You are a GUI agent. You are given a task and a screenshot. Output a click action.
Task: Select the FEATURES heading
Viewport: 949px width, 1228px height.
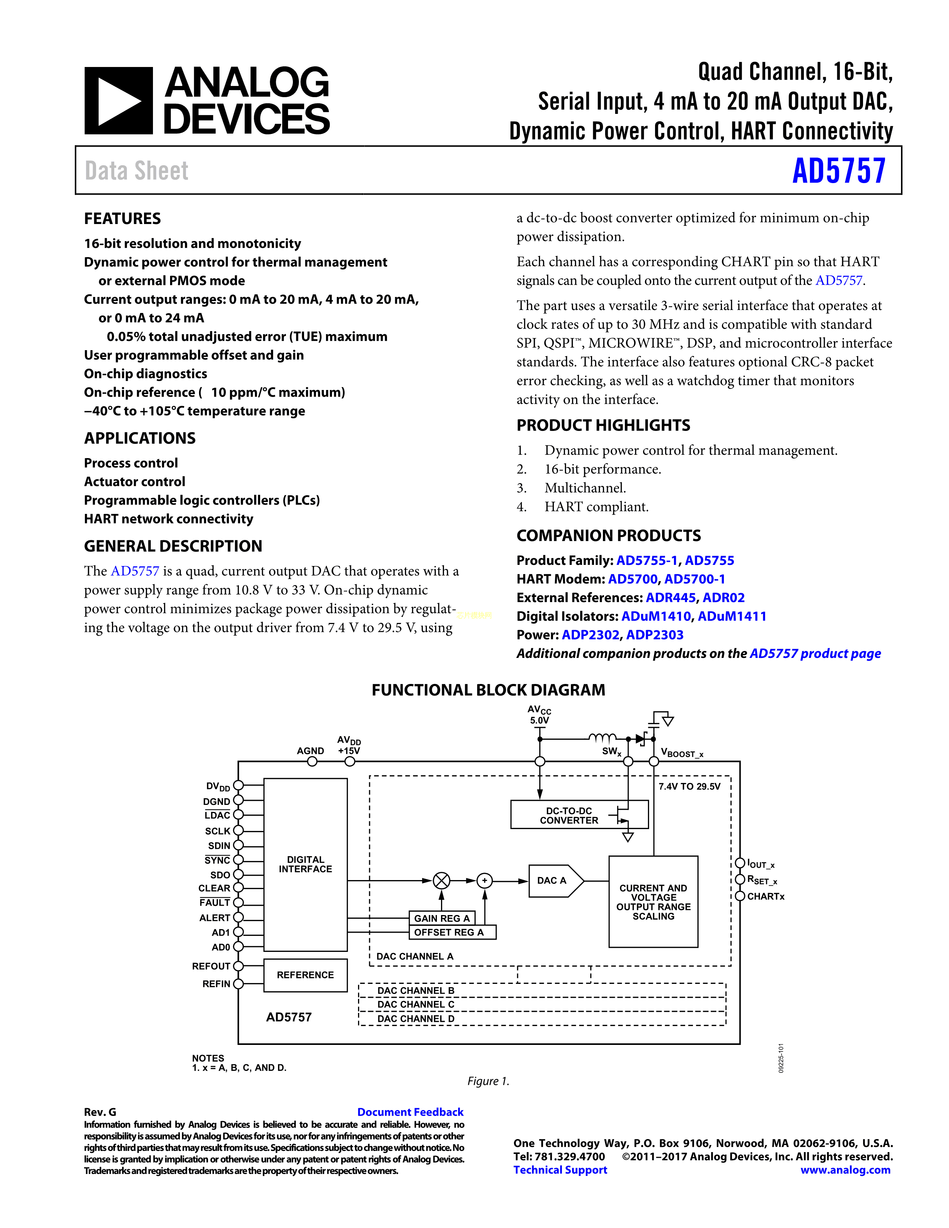pos(122,219)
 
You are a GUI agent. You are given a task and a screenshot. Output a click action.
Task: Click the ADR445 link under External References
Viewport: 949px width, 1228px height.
pos(670,598)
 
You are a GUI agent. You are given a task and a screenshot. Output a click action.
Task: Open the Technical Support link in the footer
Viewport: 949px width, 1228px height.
pos(560,1170)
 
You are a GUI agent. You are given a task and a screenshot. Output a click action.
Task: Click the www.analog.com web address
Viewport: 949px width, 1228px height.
pos(845,1170)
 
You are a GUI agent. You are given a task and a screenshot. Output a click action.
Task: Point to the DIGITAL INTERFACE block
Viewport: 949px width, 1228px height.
pos(305,864)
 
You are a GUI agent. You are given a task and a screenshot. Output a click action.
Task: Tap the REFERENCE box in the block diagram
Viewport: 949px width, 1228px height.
pos(305,975)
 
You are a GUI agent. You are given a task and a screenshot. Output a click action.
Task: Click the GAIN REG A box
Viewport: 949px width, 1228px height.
pos(441,918)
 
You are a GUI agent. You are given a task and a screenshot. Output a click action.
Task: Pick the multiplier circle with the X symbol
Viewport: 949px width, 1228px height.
pos(442,880)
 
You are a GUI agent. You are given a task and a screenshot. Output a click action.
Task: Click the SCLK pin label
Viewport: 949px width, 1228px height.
pos(218,831)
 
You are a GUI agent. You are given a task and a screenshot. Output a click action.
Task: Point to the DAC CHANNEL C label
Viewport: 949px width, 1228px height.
pos(415,1005)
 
